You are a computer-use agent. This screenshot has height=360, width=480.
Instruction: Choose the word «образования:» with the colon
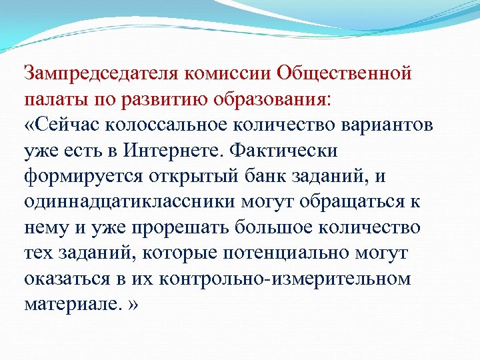tap(279, 99)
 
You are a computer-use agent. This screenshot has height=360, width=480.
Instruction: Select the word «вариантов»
tap(387, 125)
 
